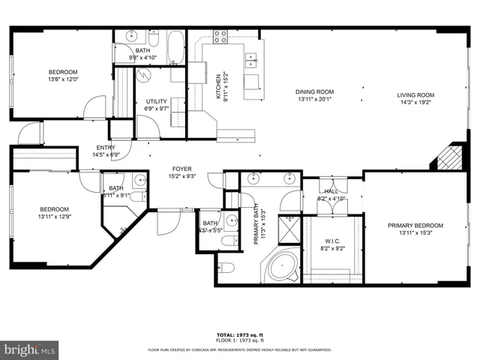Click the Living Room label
coord(415,94)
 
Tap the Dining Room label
coord(315,92)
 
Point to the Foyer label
coord(181,169)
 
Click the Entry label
coord(105,148)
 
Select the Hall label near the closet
coord(330,191)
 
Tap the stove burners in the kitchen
coord(221,35)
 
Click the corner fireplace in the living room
coord(448,158)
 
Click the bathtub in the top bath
coord(175,46)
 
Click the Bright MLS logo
coord(30,349)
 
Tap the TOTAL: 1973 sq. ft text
coord(241,335)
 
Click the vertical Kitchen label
coord(218,87)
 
